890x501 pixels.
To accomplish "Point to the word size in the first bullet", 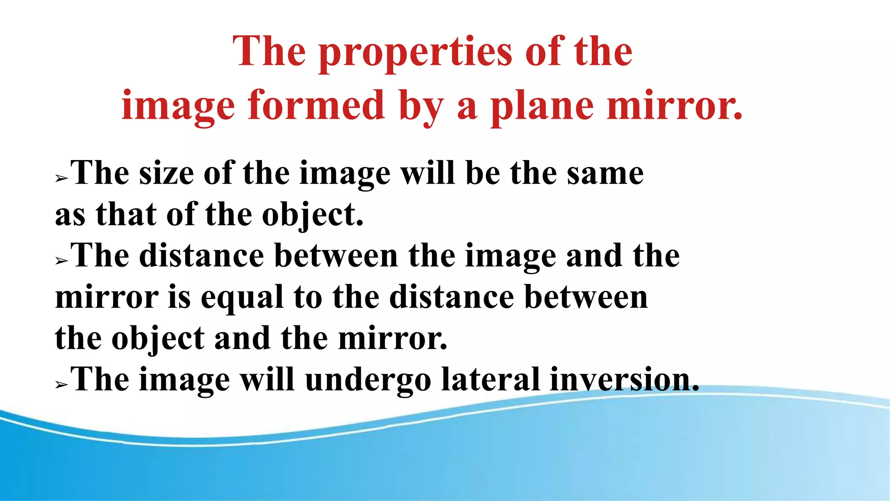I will click(x=166, y=174).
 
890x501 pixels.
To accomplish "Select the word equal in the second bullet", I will click(x=242, y=298).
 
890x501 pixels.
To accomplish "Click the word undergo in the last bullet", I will click(x=368, y=380).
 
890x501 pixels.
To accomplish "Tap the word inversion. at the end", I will click(x=624, y=380).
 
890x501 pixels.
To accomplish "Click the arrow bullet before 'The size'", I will click(x=61, y=178).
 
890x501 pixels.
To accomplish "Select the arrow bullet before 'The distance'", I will click(x=61, y=261).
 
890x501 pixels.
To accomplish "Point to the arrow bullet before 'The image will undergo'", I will click(x=61, y=385).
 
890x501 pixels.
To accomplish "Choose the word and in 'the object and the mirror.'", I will click(x=242, y=339).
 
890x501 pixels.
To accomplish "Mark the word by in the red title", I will click(x=421, y=106).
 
